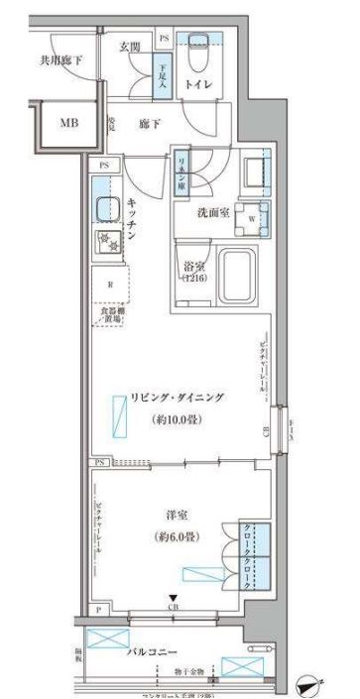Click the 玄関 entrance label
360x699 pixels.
(130, 47)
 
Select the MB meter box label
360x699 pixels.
(67, 123)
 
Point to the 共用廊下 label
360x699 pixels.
(61, 60)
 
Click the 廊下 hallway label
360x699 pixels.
(151, 122)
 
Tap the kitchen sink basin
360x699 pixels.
(105, 209)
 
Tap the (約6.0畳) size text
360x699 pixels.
(180, 536)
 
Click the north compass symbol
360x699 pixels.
(313, 685)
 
